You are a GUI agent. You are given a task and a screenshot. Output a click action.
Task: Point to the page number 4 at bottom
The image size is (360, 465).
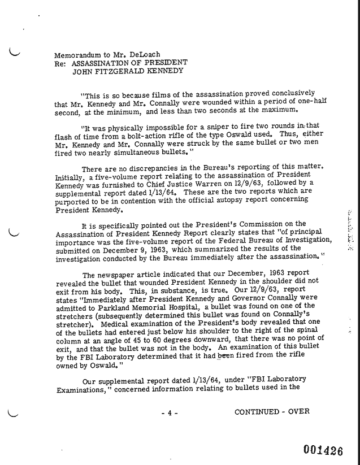pyautogui.click(x=170, y=412)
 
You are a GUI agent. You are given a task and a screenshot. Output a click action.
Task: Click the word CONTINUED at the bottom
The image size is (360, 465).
pyautogui.click(x=257, y=411)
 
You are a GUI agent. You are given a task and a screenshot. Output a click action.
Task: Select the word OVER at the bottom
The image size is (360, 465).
pyautogui.click(x=298, y=411)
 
